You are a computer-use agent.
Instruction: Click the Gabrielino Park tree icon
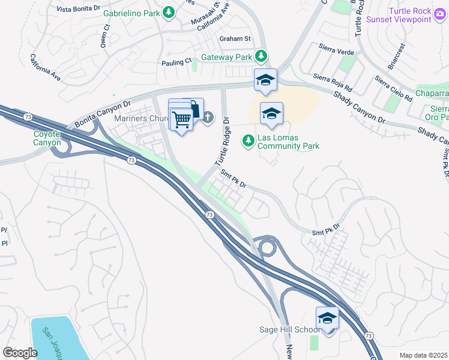(170, 12)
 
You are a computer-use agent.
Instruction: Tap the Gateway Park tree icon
(261, 56)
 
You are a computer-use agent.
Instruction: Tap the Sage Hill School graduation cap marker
(328, 317)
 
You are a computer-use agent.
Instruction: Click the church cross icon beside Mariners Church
(208, 117)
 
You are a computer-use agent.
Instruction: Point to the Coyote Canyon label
(47, 139)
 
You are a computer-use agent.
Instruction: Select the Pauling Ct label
(176, 61)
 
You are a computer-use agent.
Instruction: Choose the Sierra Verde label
(336, 52)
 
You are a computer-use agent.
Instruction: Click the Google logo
(20, 352)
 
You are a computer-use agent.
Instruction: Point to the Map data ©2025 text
(423, 355)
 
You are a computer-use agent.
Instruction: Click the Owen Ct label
(105, 35)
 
